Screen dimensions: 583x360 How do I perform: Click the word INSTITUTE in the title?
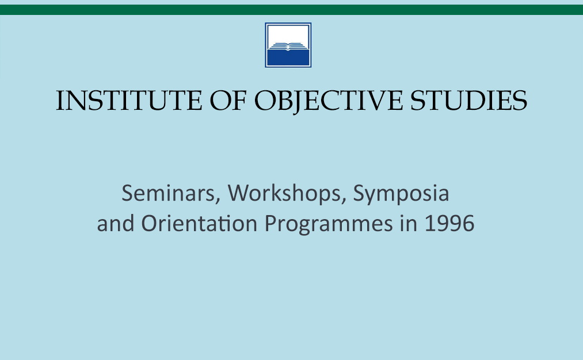(x=129, y=100)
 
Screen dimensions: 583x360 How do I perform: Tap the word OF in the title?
(x=228, y=100)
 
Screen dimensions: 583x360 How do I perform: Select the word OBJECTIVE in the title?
(x=328, y=101)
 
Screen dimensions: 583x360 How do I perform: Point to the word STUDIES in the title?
(x=468, y=100)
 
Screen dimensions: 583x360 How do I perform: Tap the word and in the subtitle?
(x=116, y=223)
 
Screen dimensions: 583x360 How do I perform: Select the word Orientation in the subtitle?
(x=199, y=223)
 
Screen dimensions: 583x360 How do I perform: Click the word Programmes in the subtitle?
(x=329, y=224)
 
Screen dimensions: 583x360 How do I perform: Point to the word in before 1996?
(x=409, y=223)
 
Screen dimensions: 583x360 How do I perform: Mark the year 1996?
(x=449, y=224)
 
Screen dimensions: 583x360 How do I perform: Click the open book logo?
(x=288, y=45)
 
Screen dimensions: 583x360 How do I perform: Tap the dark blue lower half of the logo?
(x=288, y=58)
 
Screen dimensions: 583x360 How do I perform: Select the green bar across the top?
(x=291, y=10)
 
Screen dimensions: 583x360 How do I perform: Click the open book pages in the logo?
(x=288, y=47)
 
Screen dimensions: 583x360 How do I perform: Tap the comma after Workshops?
(x=344, y=201)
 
